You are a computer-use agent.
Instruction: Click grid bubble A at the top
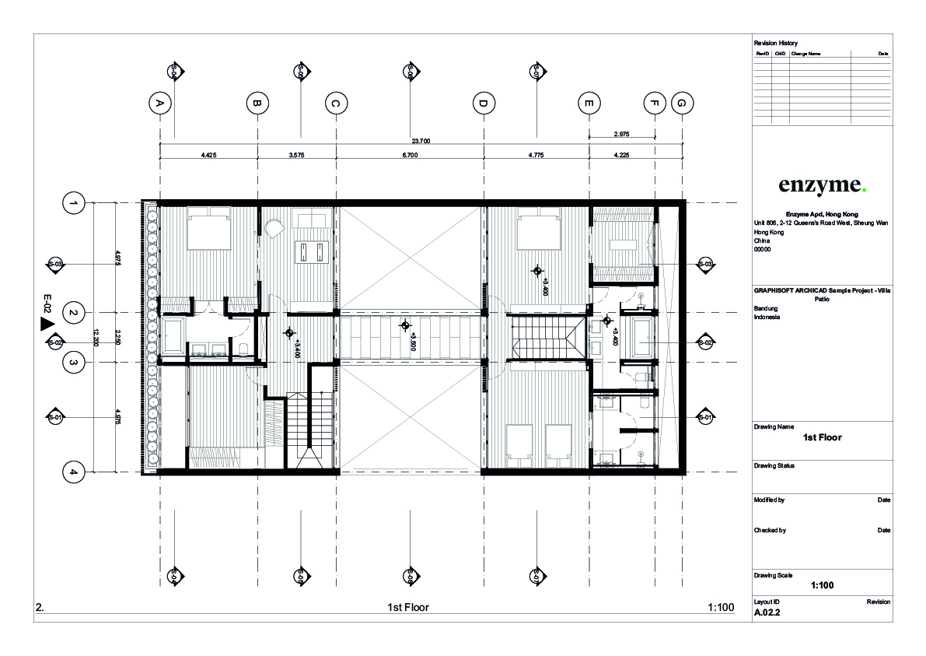(159, 103)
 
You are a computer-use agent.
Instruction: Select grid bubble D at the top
(483, 103)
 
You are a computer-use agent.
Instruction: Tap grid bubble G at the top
(682, 103)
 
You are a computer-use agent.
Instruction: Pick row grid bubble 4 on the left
(73, 472)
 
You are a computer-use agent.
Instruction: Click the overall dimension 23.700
(421, 141)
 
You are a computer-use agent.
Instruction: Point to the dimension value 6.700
(410, 155)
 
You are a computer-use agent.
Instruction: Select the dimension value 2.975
(621, 134)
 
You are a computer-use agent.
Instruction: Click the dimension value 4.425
(208, 155)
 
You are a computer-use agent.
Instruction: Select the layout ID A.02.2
(767, 612)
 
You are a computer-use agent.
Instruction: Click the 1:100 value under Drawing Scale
(822, 585)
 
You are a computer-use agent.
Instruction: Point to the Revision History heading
(775, 43)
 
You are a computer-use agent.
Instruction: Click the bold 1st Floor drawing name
(822, 437)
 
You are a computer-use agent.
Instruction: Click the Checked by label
(770, 530)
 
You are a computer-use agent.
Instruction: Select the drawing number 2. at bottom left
(40, 607)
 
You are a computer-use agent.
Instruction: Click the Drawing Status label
(774, 466)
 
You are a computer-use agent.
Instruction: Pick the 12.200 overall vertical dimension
(96, 338)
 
